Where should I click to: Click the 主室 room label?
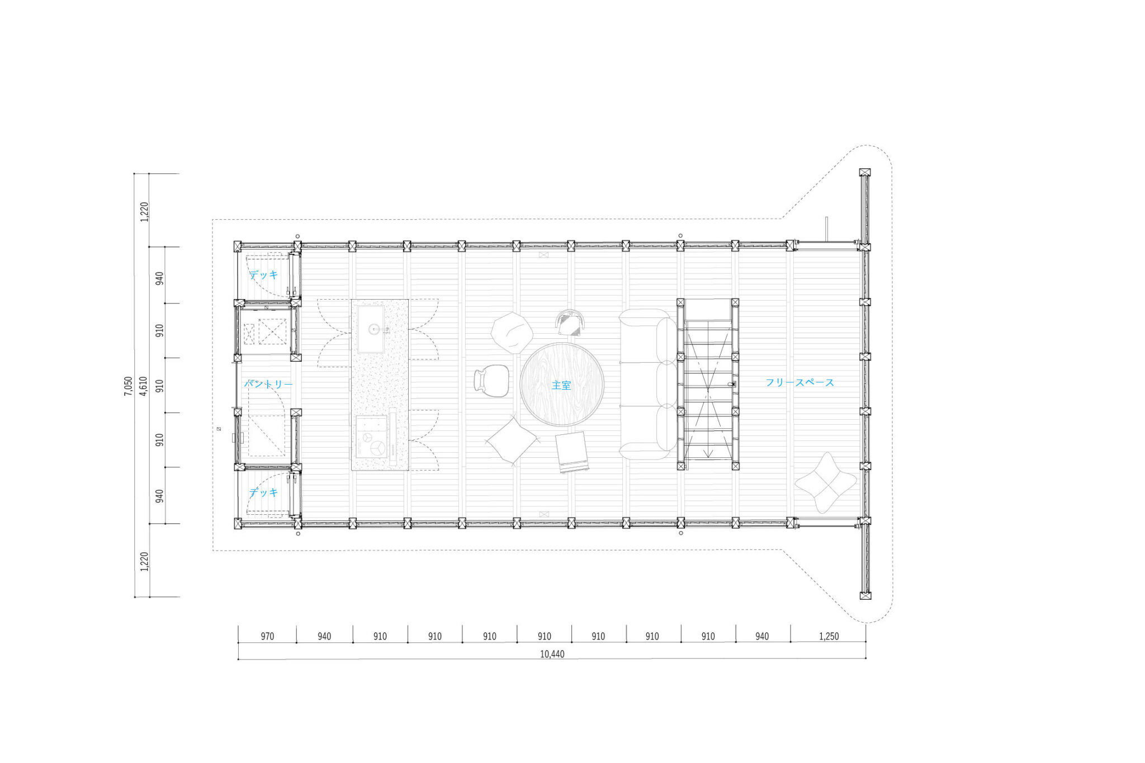pos(561,385)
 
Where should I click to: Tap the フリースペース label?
pos(799,382)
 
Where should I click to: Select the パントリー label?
pos(268,384)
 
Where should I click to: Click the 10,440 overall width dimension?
pos(552,654)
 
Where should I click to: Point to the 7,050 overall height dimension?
pos(129,386)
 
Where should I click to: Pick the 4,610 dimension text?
pos(144,386)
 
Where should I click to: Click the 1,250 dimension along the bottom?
pos(829,636)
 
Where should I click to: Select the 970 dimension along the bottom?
pos(267,636)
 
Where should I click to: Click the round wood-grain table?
pos(562,385)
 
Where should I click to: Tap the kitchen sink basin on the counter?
pos(371,329)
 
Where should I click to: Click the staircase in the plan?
pos(708,384)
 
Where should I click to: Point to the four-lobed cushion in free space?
pos(826,482)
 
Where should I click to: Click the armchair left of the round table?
pos(491,381)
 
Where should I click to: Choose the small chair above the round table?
pos(571,323)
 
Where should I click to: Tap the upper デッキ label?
pos(264,274)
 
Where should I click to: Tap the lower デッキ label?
pos(264,492)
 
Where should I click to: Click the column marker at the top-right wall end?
pos(865,173)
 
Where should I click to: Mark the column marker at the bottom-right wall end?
pos(865,595)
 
